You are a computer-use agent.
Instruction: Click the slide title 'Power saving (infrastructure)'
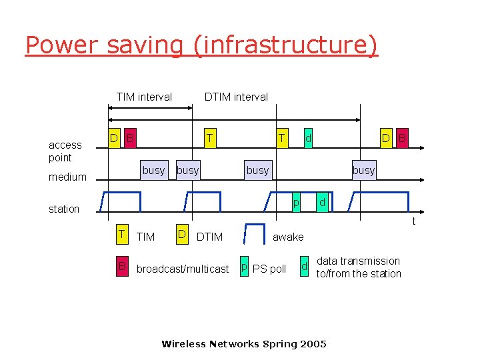[x=201, y=45]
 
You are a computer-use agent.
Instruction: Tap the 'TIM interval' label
[x=144, y=97]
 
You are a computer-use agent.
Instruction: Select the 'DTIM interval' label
[x=236, y=97]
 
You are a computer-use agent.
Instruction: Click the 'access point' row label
[x=65, y=151]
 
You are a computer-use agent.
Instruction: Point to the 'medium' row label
[x=67, y=177]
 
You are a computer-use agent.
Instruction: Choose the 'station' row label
[x=64, y=209]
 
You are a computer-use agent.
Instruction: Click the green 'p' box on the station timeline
[x=296, y=202]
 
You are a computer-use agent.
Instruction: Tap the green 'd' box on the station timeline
[x=321, y=202]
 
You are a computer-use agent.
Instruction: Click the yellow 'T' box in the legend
[x=122, y=235]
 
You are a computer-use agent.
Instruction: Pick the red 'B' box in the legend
[x=122, y=268]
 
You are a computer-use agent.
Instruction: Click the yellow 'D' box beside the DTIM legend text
[x=181, y=235]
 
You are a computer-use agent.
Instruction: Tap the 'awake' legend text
[x=288, y=237]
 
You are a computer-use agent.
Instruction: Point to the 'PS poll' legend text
[x=269, y=269]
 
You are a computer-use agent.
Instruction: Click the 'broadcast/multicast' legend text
[x=183, y=269]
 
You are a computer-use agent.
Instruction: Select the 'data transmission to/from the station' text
[x=359, y=267]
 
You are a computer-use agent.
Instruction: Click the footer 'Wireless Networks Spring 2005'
[x=244, y=344]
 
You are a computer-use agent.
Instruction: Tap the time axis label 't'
[x=414, y=221]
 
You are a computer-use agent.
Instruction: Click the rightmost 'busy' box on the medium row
[x=363, y=170]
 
